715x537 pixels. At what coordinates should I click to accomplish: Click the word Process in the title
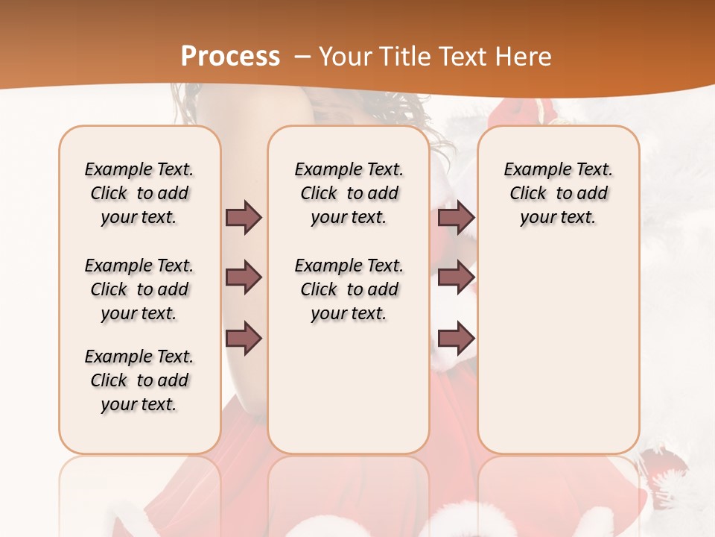[230, 56]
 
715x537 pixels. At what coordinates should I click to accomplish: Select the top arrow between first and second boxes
[244, 217]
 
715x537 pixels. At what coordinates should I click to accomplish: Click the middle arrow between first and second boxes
[244, 277]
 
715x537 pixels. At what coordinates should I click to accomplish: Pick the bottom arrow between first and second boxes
[244, 339]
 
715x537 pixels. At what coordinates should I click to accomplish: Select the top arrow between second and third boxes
[456, 217]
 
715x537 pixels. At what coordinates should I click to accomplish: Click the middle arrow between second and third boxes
[456, 277]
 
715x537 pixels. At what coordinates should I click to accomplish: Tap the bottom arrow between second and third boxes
[456, 339]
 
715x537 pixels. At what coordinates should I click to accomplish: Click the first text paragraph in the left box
[139, 193]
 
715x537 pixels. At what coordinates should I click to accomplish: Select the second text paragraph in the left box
[139, 289]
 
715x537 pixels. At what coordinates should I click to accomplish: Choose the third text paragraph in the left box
[139, 380]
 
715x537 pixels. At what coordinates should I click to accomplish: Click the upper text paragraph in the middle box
[349, 193]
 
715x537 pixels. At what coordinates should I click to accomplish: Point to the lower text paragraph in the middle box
[349, 289]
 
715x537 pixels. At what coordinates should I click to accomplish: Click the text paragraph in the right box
[558, 193]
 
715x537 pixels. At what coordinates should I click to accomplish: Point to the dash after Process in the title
[302, 56]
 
